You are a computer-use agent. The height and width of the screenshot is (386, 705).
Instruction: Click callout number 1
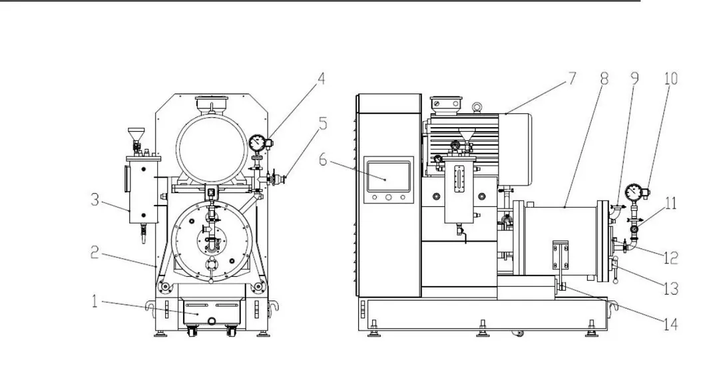pos(95,301)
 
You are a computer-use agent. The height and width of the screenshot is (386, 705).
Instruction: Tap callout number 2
pos(95,252)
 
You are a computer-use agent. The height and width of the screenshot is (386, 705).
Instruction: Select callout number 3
pos(95,200)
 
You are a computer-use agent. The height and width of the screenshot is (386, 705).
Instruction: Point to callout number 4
pos(321,79)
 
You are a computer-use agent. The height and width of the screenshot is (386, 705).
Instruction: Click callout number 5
pos(323,124)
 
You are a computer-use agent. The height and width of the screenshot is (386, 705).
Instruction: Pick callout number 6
pos(323,160)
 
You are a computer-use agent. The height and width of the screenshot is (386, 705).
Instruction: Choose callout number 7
pos(571,79)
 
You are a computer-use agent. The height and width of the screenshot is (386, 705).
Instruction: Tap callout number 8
pos(604,79)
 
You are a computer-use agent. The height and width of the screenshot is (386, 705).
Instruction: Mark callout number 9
pos(634,79)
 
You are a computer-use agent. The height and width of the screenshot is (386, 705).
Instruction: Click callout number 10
pos(670,79)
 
